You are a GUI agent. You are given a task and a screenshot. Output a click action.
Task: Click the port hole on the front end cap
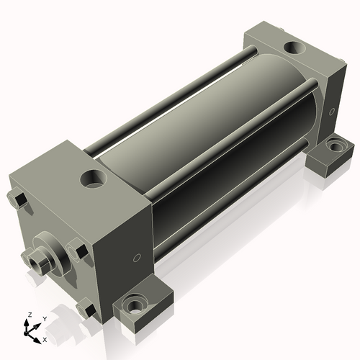click(x=94, y=177)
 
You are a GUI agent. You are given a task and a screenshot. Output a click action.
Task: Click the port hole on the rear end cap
click(x=295, y=49)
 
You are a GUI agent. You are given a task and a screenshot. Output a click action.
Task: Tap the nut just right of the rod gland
click(x=78, y=252)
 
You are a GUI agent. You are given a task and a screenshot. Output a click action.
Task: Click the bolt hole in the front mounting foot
click(x=134, y=305)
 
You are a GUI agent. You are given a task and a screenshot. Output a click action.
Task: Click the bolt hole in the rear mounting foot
click(x=334, y=147)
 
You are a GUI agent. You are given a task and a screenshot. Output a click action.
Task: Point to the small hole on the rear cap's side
click(x=332, y=112)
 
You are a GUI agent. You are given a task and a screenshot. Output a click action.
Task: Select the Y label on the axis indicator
click(x=44, y=318)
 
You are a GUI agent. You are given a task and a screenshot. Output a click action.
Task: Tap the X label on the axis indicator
click(x=45, y=338)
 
